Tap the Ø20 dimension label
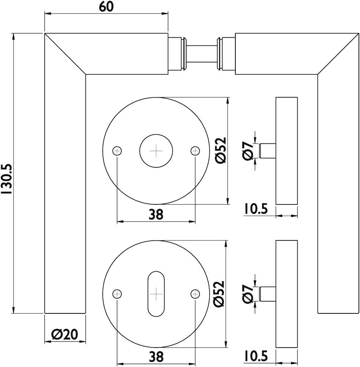(x=65, y=334)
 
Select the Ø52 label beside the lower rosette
(x=219, y=294)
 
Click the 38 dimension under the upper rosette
(x=155, y=215)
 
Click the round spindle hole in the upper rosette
(x=156, y=150)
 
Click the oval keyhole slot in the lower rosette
(x=156, y=294)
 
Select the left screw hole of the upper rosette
(x=117, y=150)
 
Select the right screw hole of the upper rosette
(x=195, y=150)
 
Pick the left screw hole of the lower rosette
(x=117, y=293)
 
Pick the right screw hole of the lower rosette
(x=195, y=293)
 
